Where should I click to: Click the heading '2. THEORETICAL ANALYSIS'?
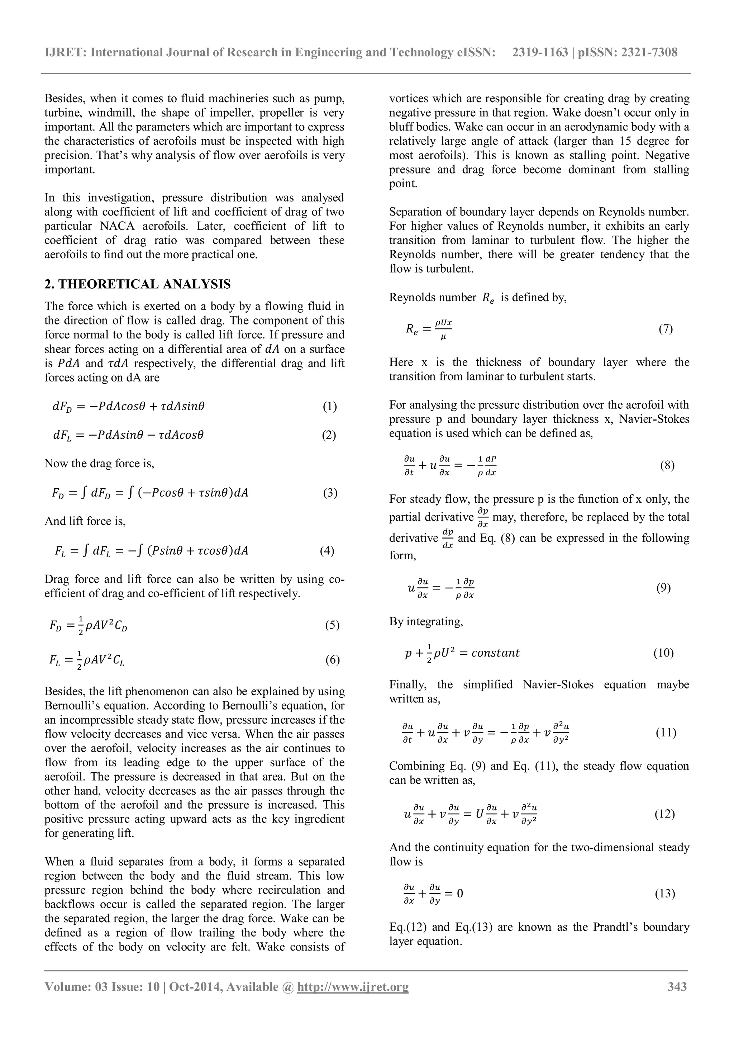click(137, 284)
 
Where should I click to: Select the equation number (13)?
click(665, 894)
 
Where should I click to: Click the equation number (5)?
click(332, 626)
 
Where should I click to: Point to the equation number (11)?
click(666, 733)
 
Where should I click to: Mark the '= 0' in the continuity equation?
click(453, 894)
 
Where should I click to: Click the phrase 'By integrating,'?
click(426, 622)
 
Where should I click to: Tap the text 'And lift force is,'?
click(85, 522)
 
